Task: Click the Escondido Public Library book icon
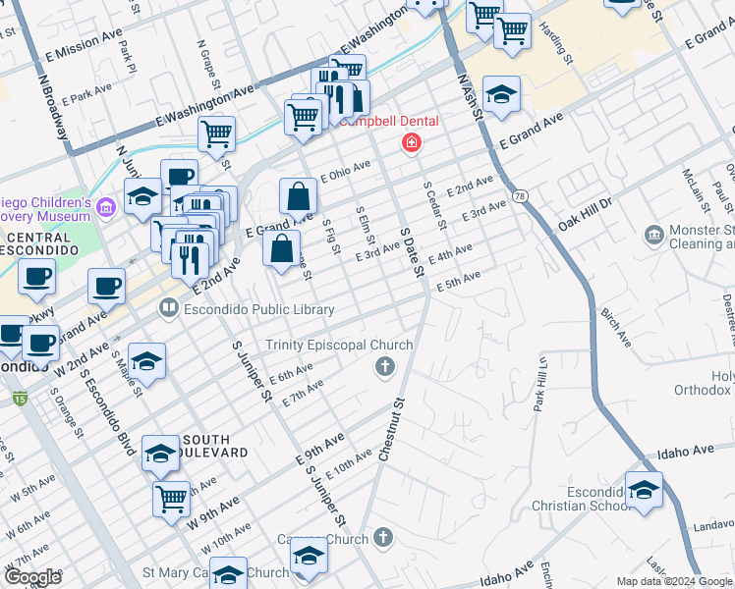pos(168,309)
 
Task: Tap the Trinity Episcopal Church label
pos(336,346)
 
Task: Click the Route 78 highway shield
pos(519,196)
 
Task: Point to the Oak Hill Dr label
pos(585,214)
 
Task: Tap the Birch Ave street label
pos(615,329)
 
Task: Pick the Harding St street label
pos(563,44)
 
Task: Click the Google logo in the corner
pos(32,576)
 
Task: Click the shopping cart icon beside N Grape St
pos(216,133)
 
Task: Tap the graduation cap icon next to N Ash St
pos(501,93)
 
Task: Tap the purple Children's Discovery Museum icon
pos(107,206)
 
